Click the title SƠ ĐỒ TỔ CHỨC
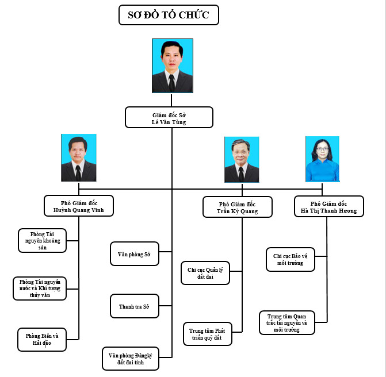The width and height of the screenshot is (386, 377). pos(169,14)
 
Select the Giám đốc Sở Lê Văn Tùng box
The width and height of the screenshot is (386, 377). pos(169,117)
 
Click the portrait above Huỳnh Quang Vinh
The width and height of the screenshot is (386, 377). pos(79,157)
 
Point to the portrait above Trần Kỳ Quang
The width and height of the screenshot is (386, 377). pos(242,159)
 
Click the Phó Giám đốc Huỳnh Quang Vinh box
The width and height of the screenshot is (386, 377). pos(79,206)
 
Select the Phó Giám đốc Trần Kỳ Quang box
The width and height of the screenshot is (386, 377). pos(238,207)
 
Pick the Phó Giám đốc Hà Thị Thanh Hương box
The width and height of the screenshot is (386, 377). pos(328,206)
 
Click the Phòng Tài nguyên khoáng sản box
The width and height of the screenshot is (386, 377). pos(42,240)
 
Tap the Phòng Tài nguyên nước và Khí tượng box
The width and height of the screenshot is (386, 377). pos(40,288)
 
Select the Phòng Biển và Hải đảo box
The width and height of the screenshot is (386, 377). pos(42,339)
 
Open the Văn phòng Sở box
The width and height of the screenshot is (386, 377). pos(134,254)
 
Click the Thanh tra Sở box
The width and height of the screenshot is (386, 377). pos(134,306)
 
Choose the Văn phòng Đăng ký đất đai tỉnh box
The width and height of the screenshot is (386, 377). pos(131,359)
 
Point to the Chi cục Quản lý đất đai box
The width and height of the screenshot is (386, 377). pos(205,273)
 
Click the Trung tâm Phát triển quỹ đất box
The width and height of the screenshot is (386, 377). pos(207,334)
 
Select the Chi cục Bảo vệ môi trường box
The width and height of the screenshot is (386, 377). pos(291,259)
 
